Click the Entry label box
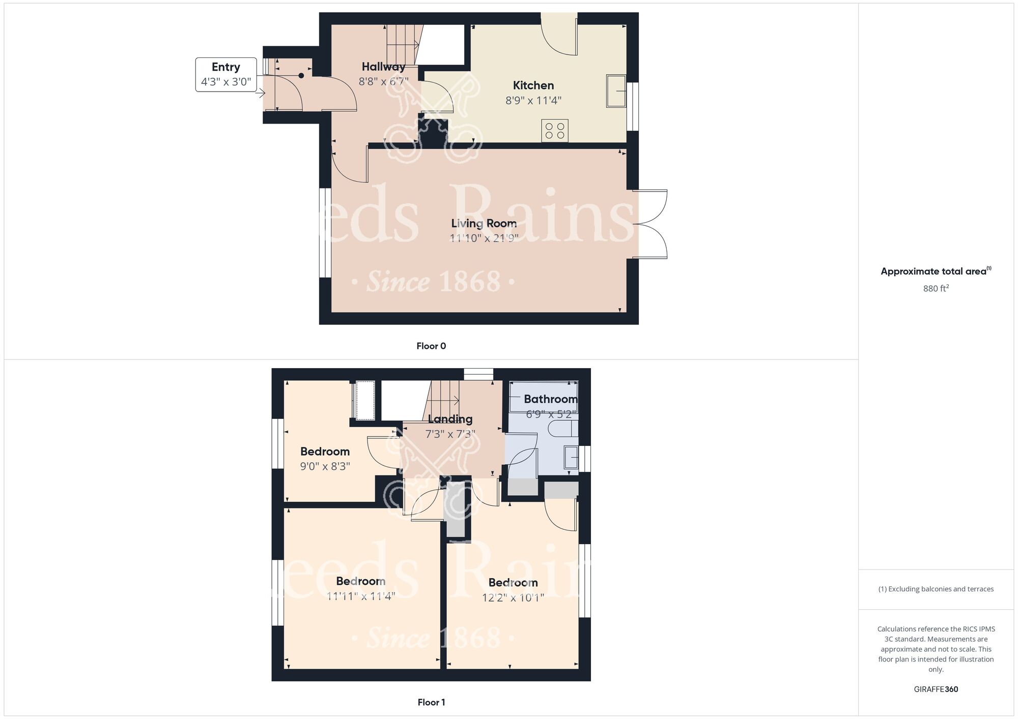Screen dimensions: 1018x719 [226, 75]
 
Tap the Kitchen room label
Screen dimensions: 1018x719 [533, 85]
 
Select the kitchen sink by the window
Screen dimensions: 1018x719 [616, 91]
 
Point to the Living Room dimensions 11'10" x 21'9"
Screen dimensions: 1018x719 [484, 238]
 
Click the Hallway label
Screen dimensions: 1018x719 [383, 67]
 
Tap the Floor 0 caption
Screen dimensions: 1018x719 [431, 346]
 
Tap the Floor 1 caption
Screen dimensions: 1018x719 [431, 702]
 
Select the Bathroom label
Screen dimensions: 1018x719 [551, 399]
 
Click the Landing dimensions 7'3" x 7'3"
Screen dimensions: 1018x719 [450, 434]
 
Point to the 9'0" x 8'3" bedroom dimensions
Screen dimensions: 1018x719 [325, 466]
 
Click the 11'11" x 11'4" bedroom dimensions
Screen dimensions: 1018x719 [360, 596]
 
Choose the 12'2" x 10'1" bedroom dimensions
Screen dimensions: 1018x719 [513, 597]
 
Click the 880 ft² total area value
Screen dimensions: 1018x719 [936, 288]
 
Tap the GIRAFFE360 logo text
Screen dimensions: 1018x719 [936, 690]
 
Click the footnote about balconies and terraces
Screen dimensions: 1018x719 [936, 589]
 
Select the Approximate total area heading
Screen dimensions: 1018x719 [936, 271]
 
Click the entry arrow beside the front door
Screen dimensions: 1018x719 [261, 93]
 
